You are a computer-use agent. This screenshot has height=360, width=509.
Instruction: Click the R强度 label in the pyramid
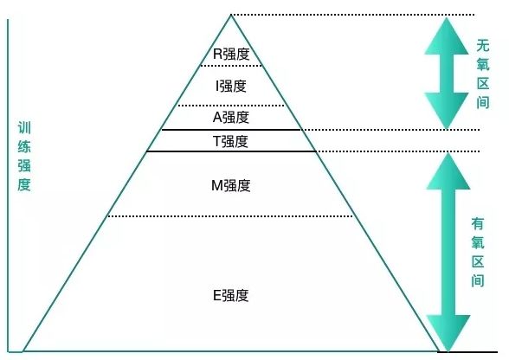(231, 54)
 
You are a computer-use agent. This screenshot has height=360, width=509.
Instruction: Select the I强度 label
(231, 86)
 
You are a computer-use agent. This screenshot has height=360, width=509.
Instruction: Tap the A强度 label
(231, 117)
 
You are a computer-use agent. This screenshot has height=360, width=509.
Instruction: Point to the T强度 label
(231, 142)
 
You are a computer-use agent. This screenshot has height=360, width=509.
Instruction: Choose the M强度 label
(231, 186)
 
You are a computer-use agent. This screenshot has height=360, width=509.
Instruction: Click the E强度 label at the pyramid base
(231, 295)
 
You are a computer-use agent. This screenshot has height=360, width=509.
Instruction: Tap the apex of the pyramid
(231, 15)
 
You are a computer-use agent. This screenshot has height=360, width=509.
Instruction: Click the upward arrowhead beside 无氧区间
(447, 35)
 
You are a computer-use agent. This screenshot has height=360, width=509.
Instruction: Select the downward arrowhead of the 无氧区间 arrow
(447, 111)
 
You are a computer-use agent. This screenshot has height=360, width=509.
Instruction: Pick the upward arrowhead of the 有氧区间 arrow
(448, 171)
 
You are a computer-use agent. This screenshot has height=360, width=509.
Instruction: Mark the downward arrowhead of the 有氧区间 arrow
(448, 333)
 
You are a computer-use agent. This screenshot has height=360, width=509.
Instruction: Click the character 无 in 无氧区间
(483, 46)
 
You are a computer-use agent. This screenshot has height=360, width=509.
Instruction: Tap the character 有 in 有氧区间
(478, 223)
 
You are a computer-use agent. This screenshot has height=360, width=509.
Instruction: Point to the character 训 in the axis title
(24, 128)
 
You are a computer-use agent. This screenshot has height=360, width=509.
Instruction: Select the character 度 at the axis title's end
(24, 185)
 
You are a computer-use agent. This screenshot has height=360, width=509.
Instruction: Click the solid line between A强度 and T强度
(231, 130)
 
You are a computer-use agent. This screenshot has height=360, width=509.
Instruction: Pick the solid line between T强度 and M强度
(231, 151)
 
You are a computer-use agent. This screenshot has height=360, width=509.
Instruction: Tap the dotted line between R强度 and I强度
(231, 66)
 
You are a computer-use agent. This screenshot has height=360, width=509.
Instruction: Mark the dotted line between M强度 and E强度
(230, 216)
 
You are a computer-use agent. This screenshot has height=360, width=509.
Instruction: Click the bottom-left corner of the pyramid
(23, 350)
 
